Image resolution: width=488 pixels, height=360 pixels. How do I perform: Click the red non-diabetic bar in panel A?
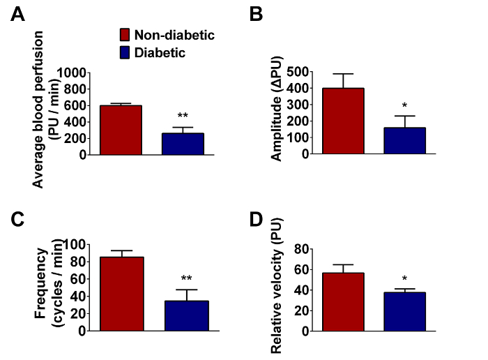pos(121,130)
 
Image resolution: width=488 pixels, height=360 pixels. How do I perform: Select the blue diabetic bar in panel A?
pos(183,144)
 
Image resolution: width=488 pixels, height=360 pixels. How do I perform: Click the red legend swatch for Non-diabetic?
pos(125,34)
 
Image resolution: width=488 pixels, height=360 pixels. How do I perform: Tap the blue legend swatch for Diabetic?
pos(125,51)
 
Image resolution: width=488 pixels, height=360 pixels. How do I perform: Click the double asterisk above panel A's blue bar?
pos(183,116)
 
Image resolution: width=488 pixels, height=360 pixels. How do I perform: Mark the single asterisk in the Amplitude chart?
pos(404,106)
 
